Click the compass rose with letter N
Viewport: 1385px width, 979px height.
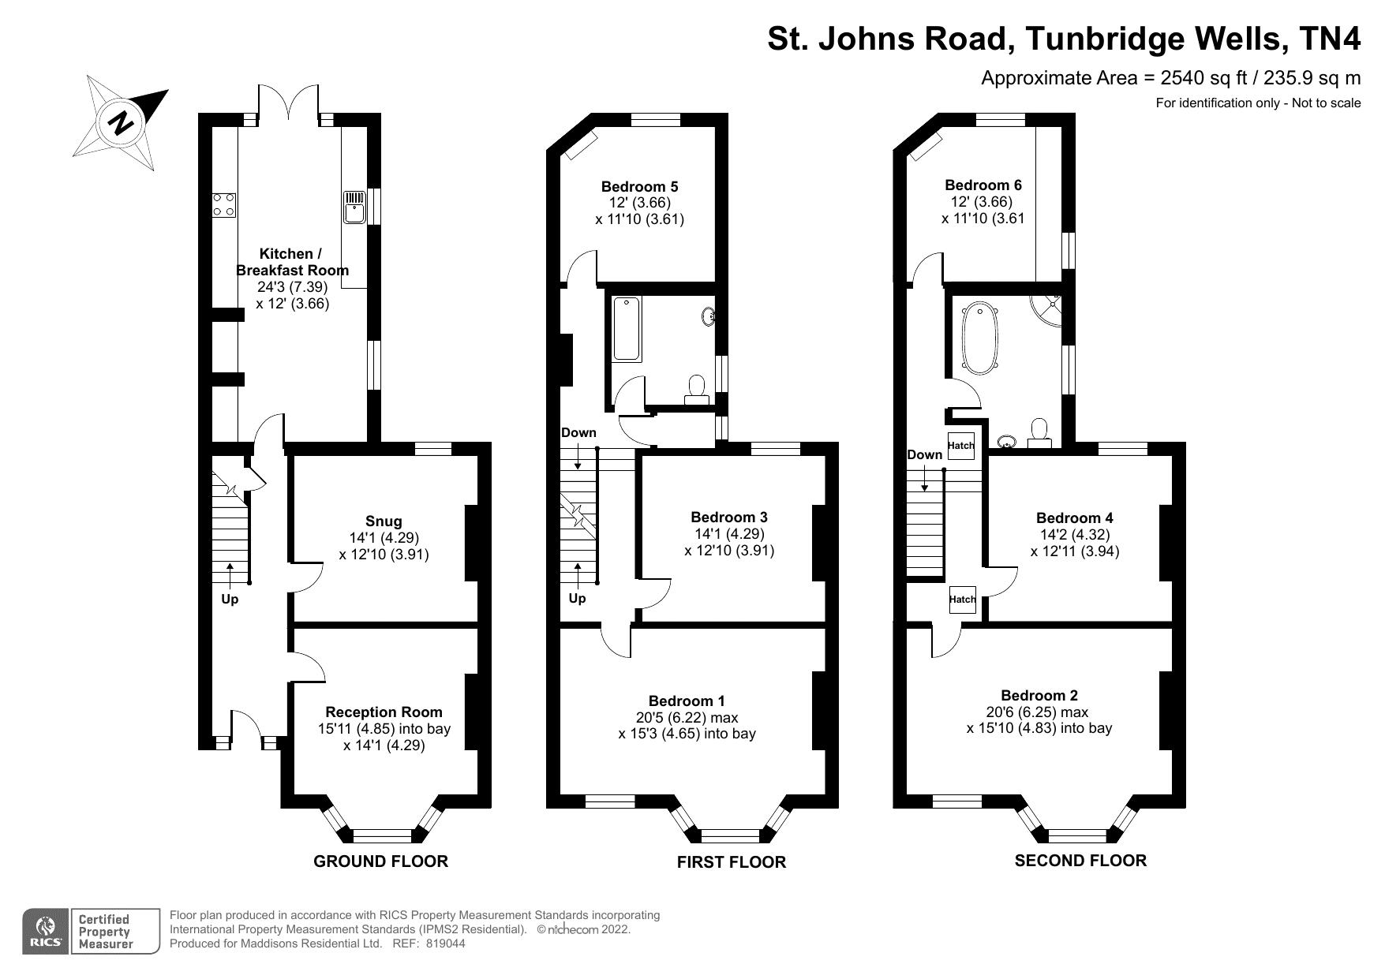coord(122,122)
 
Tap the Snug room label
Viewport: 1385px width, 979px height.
coord(384,521)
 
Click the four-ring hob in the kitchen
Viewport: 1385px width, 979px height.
coord(223,204)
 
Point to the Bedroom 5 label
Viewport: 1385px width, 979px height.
coord(639,187)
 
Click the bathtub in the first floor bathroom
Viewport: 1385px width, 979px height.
coord(627,329)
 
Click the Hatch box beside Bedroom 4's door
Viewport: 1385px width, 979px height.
coord(962,600)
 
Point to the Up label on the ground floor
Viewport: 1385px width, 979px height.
coord(230,599)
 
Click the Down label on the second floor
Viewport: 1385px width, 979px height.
coord(924,454)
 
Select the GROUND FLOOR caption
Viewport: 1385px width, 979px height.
coord(380,861)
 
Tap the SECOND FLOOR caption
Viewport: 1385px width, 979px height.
coord(1080,861)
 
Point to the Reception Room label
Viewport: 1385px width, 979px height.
coord(384,712)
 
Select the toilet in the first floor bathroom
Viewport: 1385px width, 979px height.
coord(696,389)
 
